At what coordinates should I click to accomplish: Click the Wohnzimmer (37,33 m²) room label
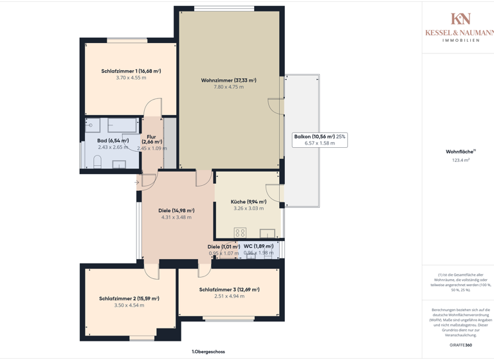228,80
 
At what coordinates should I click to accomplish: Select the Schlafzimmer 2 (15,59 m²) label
129,299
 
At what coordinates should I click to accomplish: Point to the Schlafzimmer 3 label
229,290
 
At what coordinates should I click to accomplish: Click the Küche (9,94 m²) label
248,202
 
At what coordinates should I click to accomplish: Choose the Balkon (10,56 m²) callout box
320,139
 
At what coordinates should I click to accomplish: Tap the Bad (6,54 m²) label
113,141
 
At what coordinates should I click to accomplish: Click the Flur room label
151,137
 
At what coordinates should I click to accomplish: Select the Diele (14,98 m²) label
176,211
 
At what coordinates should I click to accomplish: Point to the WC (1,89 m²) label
258,246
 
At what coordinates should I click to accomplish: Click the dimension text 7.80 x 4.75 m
228,87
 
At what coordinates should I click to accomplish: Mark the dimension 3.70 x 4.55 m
131,78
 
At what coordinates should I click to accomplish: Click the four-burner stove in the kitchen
240,233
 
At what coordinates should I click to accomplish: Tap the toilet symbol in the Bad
98,162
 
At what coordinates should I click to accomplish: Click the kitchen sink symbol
268,233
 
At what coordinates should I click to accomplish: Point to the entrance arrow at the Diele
137,183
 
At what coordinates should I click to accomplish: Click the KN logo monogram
460,19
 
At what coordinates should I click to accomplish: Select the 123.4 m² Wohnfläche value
461,160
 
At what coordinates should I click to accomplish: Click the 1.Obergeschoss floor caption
208,352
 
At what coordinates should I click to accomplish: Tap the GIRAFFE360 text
461,345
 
